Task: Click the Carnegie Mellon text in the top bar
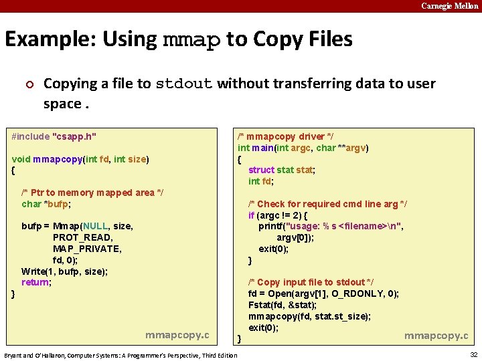(x=450, y=6)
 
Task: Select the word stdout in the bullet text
(x=184, y=84)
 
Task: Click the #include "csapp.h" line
(x=54, y=136)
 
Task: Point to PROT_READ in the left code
(x=83, y=237)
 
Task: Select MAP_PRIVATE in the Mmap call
(x=87, y=249)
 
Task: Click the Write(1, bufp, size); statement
(x=64, y=271)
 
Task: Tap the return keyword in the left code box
(x=35, y=282)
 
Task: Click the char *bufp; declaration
(x=46, y=204)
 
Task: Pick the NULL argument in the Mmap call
(x=94, y=226)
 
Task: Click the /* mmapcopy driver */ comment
(x=281, y=136)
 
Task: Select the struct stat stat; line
(x=281, y=170)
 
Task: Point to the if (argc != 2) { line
(x=278, y=215)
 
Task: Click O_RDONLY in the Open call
(x=372, y=293)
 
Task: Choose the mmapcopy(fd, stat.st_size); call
(x=309, y=316)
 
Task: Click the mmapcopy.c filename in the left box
(x=177, y=334)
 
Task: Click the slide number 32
(x=473, y=354)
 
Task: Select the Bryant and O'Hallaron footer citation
(x=120, y=354)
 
